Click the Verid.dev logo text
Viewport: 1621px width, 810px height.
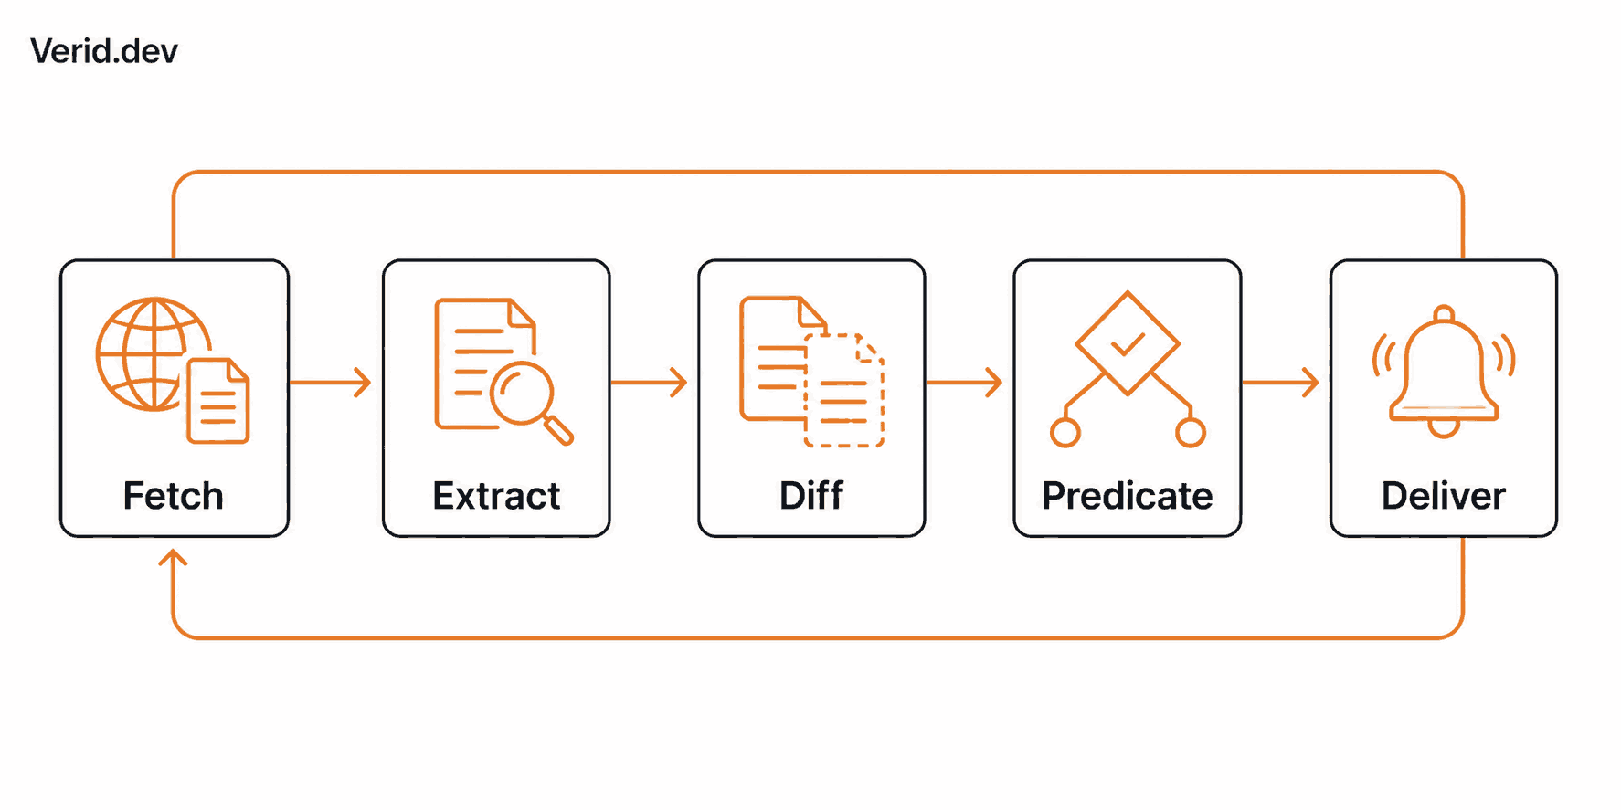[104, 51]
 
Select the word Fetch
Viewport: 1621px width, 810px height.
[174, 496]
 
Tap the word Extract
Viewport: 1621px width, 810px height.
[496, 496]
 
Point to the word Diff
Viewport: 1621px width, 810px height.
[811, 496]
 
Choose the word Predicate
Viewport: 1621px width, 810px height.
[1128, 496]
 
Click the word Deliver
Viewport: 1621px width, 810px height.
[1444, 496]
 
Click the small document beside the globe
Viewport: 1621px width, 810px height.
[218, 401]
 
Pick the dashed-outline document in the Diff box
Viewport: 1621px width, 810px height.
[844, 391]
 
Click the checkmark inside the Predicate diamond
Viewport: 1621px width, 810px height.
[1128, 344]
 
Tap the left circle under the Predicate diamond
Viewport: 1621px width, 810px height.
[1065, 432]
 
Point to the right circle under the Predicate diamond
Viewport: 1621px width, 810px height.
[1191, 432]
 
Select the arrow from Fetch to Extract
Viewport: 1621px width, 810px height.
[330, 382]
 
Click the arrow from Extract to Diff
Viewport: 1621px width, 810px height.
[649, 382]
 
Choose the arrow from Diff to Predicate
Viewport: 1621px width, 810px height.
[964, 382]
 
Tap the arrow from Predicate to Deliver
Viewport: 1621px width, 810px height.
[1280, 382]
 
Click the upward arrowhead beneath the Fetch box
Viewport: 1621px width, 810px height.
[173, 556]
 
